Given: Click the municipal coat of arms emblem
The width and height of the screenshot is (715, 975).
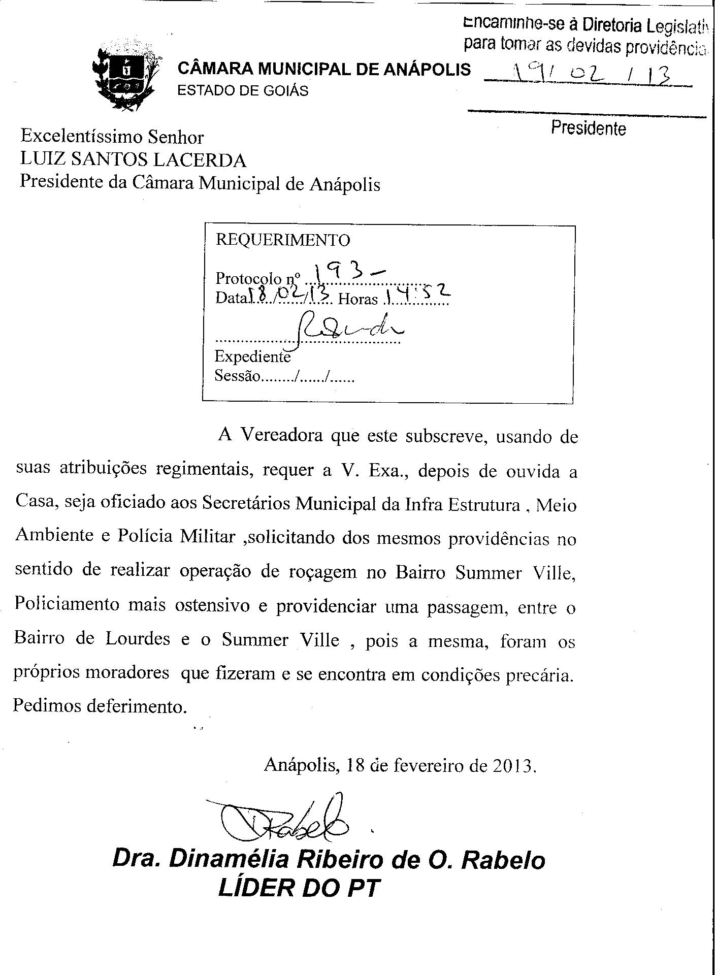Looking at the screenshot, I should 124,78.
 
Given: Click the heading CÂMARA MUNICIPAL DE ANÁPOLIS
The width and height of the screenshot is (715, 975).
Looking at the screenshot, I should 324,69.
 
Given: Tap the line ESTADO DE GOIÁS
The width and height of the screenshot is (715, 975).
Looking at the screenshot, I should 242,91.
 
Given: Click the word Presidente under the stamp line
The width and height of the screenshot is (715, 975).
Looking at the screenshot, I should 589,128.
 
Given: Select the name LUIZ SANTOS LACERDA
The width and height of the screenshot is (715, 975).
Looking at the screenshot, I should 133,160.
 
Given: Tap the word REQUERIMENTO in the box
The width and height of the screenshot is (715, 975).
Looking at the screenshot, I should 283,240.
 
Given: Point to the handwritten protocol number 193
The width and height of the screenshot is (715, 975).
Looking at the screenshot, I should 350,274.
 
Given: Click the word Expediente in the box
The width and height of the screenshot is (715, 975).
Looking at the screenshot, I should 252,356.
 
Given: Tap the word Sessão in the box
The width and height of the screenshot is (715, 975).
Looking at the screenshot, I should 237,376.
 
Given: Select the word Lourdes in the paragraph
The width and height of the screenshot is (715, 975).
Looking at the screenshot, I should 138,639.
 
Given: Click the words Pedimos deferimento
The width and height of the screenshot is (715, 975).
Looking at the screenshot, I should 100,706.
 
